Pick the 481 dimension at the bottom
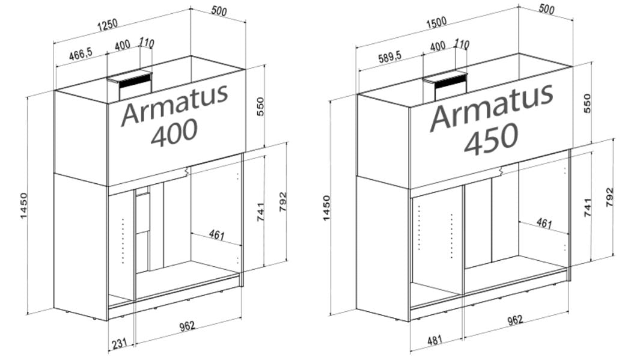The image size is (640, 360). tap(434, 340)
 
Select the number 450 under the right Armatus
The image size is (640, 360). tap(491, 138)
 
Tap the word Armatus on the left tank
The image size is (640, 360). tap(175, 106)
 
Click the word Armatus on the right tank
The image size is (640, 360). tap(491, 108)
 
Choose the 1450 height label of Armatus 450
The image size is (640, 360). tap(326, 207)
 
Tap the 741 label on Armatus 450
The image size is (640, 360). tap(588, 207)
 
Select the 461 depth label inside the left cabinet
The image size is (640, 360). tap(216, 234)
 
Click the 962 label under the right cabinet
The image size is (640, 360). tap(515, 320)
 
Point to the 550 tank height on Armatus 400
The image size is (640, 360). tap(261, 106)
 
